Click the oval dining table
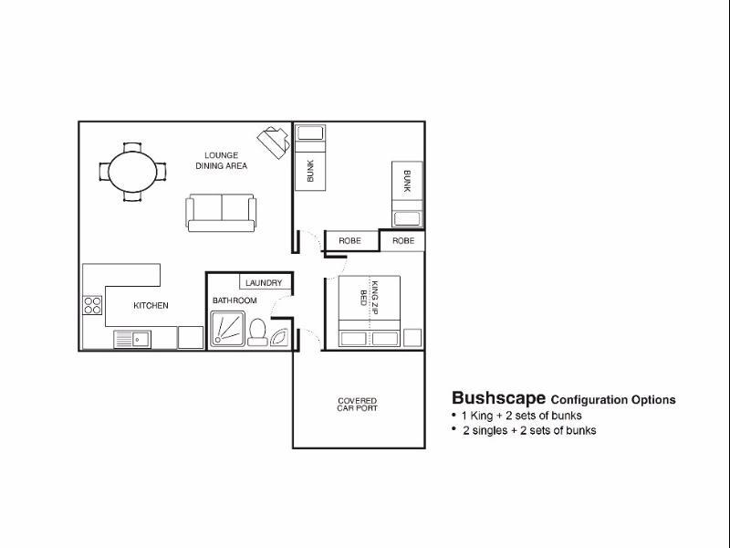pos(132,172)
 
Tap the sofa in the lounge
pos(221,213)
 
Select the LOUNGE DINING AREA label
pos(221,161)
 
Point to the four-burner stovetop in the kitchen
pos(92,305)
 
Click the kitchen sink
pos(132,339)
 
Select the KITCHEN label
pos(151,306)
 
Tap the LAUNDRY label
pos(264,283)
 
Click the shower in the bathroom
pos(227,329)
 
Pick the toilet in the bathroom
pos(257,332)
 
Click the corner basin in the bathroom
pos(280,337)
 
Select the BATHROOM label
pos(235,300)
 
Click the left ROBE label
pos(350,241)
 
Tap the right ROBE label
pos(403,241)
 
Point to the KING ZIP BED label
pos(370,298)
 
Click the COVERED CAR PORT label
pos(358,405)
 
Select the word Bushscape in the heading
pos(498,398)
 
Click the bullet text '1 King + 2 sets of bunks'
pos(521,416)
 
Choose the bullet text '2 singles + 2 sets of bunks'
pos(529,430)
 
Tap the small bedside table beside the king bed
pos(412,338)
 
